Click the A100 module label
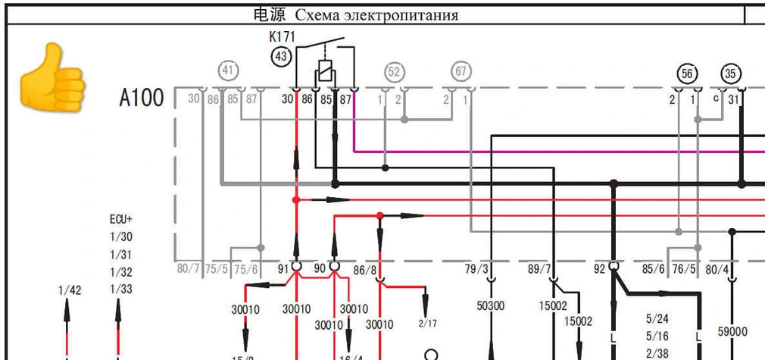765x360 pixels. (142, 99)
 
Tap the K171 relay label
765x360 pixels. (282, 36)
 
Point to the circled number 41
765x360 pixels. (229, 71)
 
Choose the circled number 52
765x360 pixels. (394, 72)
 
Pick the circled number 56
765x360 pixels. (687, 74)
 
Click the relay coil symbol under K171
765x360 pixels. (324, 74)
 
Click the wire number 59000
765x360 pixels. (732, 332)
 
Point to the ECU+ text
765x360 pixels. (121, 219)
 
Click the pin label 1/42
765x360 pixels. (69, 290)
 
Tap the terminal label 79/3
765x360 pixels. (477, 268)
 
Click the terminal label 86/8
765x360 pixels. (364, 268)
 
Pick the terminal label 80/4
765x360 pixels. (717, 268)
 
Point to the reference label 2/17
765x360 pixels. (428, 324)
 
